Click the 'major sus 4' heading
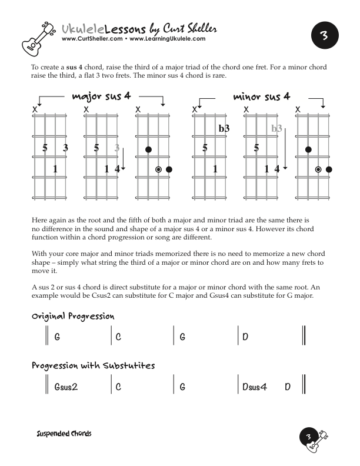pos(101,96)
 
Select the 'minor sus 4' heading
pos(262,96)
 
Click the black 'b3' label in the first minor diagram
pos(224,128)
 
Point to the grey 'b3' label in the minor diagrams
pos(276,128)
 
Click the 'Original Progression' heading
pos(72,317)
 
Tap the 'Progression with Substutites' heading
pos(93,366)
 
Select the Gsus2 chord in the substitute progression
pos(66,388)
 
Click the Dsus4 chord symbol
pos(255,388)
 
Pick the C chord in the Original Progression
pos(118,338)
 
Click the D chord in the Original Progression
pos(245,338)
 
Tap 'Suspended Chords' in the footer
pos(64,434)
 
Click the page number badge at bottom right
pos(309,437)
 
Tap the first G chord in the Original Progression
pos(57,338)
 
